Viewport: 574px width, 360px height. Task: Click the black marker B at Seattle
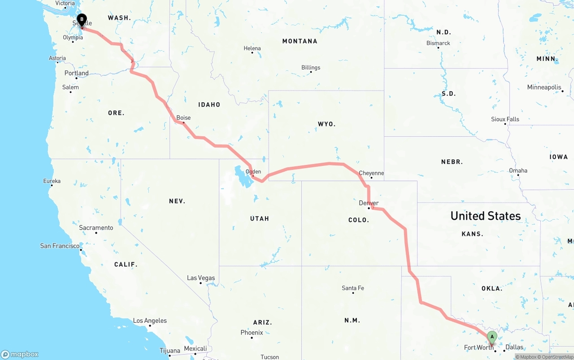(82, 20)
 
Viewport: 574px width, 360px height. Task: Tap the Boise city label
(183, 118)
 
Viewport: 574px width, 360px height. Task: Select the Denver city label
(369, 203)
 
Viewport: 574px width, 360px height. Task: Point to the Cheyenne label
(371, 173)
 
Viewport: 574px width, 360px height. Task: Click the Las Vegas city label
(201, 278)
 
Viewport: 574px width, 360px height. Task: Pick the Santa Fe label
(353, 288)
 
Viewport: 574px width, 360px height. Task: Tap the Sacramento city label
(96, 228)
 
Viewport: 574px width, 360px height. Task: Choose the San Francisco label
(60, 246)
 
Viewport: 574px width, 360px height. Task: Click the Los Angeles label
(150, 321)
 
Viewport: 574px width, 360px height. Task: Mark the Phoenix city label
(252, 333)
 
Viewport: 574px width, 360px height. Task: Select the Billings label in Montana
(311, 68)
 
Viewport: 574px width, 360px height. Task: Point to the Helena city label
(252, 48)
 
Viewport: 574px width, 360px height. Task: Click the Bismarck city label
(438, 43)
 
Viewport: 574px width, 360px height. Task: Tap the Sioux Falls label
(505, 119)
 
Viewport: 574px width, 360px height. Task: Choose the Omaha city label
(518, 170)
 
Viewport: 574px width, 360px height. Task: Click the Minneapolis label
(544, 87)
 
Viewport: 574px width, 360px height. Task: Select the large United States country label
(486, 216)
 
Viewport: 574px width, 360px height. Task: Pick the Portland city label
(76, 73)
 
